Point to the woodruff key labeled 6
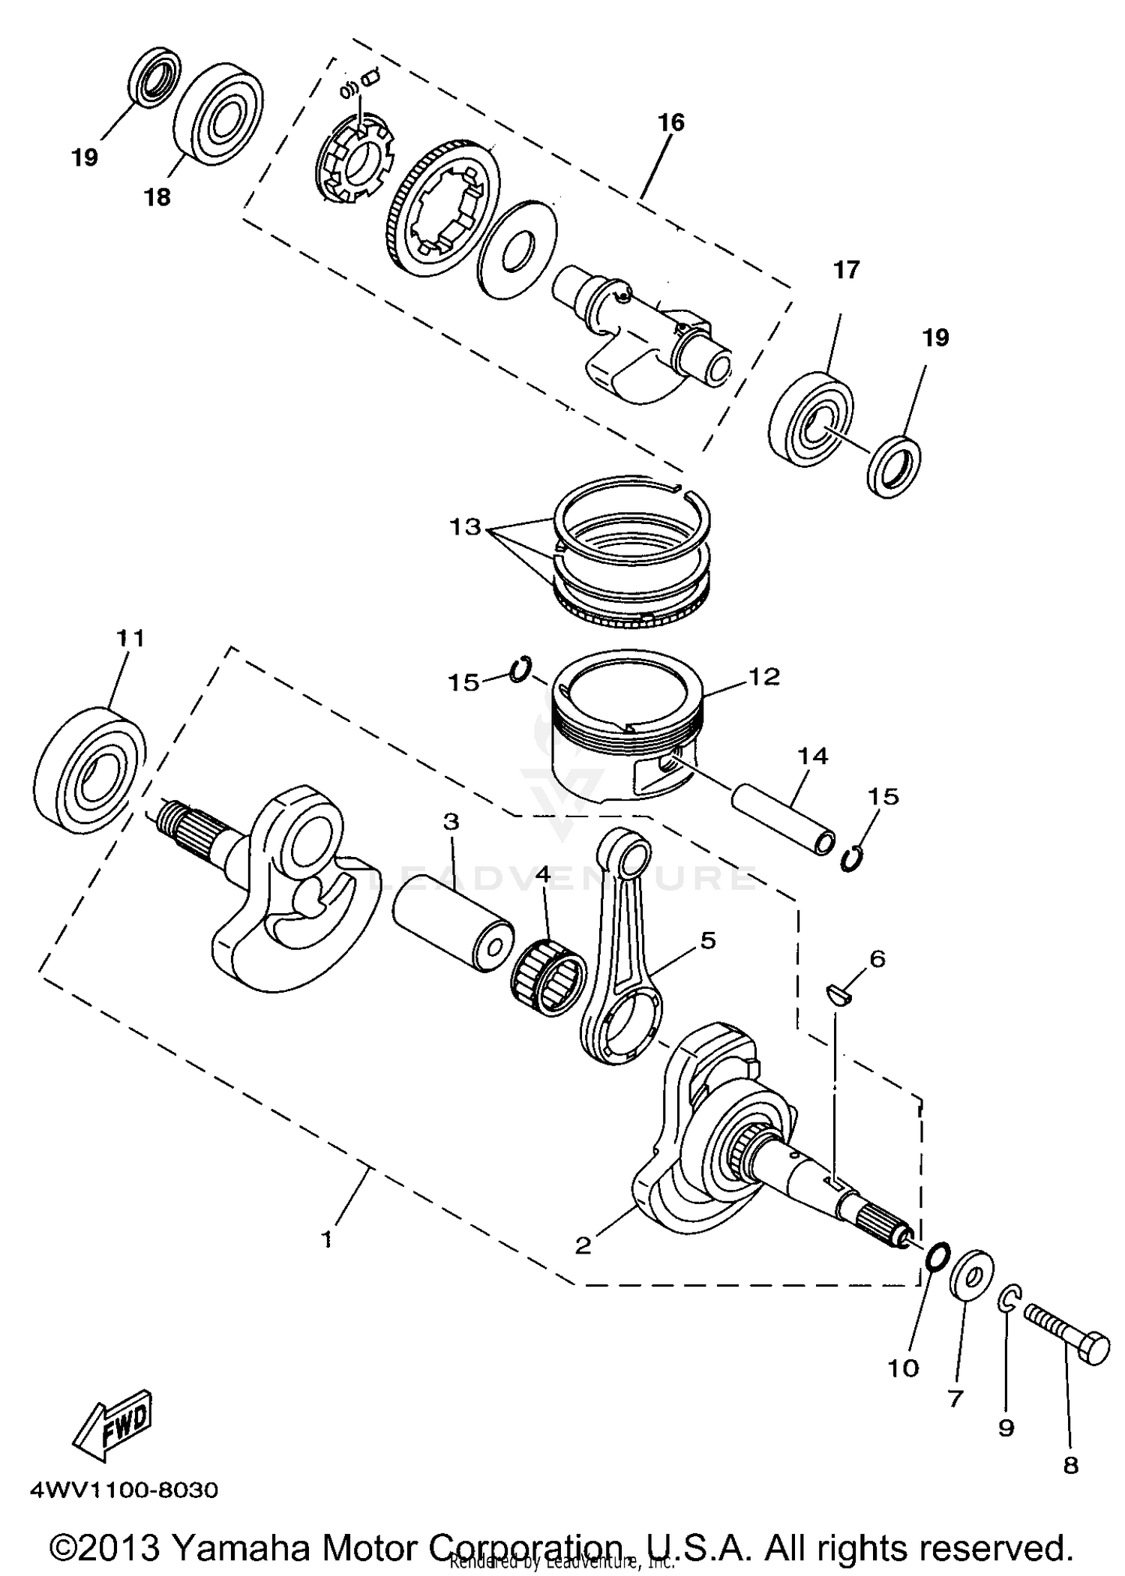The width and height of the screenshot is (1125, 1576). click(x=838, y=994)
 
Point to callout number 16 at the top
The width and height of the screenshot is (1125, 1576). click(x=670, y=121)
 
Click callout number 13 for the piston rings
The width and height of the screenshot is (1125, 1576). click(x=465, y=526)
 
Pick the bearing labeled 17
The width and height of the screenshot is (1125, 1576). click(x=811, y=415)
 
